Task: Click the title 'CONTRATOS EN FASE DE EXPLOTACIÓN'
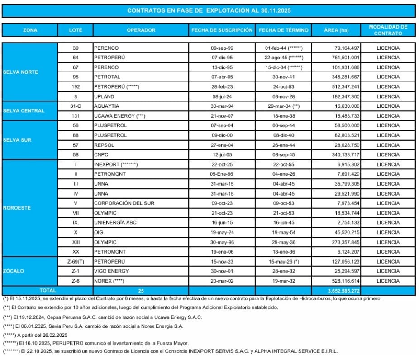209,10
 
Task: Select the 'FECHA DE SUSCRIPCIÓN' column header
222,30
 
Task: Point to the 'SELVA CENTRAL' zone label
24,111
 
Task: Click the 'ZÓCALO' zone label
14,271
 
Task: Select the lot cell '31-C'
76,106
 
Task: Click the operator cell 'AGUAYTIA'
106,106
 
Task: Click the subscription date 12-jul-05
222,154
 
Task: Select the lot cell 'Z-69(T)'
76,261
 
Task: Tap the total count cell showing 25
141,290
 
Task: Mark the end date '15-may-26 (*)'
284,261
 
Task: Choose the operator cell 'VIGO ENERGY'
111,271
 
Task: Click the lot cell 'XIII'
76,242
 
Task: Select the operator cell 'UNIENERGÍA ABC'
115,222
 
